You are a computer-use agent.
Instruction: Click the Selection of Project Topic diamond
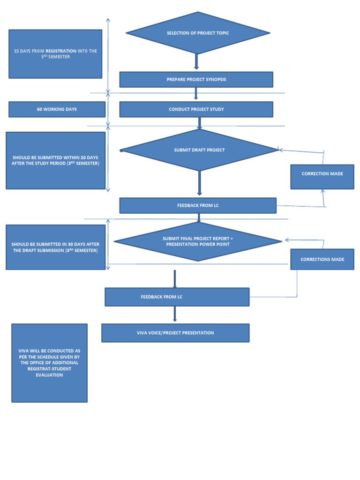[x=198, y=33]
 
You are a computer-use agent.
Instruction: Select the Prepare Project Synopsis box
[x=196, y=79]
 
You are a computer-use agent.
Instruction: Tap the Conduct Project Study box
[x=196, y=109]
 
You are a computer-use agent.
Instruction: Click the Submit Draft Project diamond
[x=199, y=150]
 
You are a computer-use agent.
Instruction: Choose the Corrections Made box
[x=322, y=259]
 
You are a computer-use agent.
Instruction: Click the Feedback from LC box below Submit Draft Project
[x=198, y=205]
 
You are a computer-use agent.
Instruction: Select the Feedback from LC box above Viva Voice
[x=177, y=297]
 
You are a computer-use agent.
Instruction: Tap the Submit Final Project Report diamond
[x=198, y=241]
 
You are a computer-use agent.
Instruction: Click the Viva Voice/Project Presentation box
[x=175, y=333]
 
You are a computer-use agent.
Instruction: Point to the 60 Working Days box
[x=57, y=109]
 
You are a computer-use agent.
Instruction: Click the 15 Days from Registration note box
[x=55, y=54]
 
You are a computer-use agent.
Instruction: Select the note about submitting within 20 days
[x=55, y=160]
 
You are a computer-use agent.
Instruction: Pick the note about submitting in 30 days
[x=55, y=247]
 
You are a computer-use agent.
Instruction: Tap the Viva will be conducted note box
[x=49, y=363]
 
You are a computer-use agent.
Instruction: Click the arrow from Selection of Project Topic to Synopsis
[x=196, y=62]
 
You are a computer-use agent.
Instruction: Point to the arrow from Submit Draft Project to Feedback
[x=199, y=183]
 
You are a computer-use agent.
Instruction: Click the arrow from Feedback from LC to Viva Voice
[x=175, y=314]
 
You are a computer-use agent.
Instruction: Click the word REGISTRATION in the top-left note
[x=61, y=51]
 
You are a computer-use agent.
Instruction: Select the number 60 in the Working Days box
[x=39, y=109]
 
